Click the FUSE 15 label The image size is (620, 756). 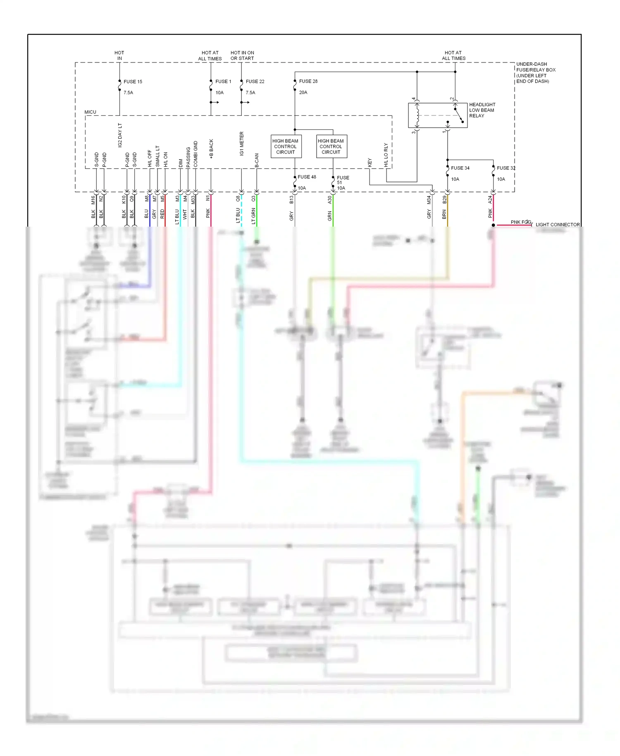133,81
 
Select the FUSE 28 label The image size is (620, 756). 308,81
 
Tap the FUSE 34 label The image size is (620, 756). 460,168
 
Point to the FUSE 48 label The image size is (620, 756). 307,177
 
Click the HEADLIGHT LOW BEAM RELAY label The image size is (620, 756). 482,110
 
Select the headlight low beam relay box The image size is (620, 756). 437,115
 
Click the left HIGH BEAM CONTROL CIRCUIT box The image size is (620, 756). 285,146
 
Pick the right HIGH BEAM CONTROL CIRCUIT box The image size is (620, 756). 331,146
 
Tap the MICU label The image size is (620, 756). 90,112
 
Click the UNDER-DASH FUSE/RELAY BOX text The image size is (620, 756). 535,72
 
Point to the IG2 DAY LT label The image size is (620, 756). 120,135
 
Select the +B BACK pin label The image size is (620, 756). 211,149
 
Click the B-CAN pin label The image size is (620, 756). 257,160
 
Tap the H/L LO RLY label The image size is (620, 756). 386,155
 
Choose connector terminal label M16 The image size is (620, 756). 93,200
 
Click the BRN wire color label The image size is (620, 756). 444,214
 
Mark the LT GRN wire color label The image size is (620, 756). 253,216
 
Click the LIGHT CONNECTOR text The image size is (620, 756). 558,225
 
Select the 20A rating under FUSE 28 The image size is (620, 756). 303,92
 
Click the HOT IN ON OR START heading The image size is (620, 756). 242,55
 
